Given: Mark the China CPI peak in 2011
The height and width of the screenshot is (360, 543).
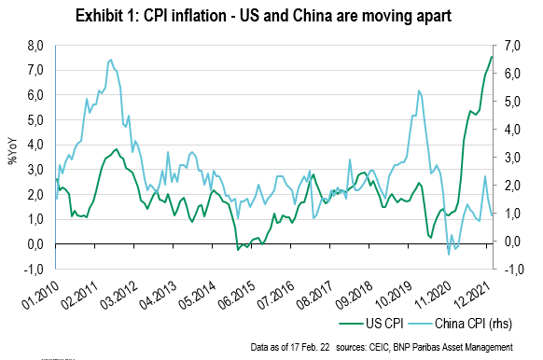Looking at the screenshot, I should point(110,60).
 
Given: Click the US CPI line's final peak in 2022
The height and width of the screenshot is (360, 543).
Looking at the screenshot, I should point(492,58).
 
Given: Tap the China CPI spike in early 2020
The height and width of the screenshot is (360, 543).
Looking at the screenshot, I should point(419,90).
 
